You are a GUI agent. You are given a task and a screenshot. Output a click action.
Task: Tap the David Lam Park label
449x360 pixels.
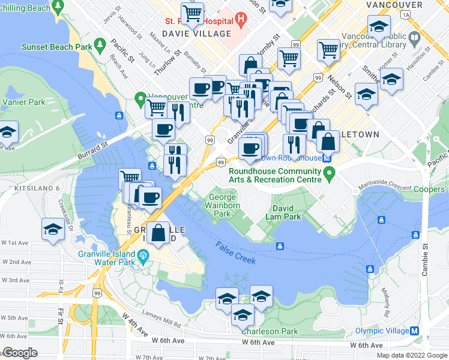coord(283,212)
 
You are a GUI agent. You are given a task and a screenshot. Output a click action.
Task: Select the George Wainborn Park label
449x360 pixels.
coord(222,205)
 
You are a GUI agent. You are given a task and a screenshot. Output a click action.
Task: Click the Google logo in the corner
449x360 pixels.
coord(20,353)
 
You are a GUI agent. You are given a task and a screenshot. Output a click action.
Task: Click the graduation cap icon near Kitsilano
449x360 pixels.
coord(53,230)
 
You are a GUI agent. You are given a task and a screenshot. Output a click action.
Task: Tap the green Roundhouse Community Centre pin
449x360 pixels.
coord(328,175)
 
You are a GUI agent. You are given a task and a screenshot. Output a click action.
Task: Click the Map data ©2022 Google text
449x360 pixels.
coord(411,355)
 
